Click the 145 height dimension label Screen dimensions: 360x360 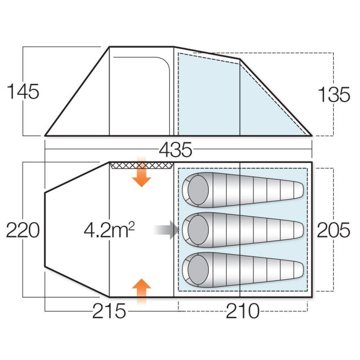(x=23, y=92)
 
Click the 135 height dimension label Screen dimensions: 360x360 (x=334, y=95)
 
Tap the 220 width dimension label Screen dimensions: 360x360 (x=23, y=230)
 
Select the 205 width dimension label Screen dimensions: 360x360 (x=334, y=230)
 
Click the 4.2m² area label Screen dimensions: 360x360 (x=109, y=230)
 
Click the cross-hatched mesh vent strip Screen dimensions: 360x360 (x=141, y=165)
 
